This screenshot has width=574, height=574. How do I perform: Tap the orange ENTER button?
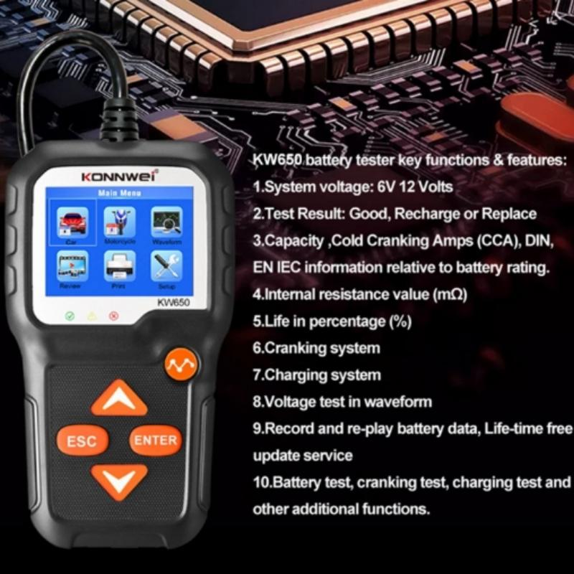(x=154, y=440)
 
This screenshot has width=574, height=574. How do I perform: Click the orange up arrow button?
(x=119, y=399)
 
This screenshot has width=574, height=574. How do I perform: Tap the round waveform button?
(x=177, y=365)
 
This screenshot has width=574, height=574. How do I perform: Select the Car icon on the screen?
(x=73, y=223)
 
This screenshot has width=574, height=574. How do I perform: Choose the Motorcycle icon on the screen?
(x=119, y=223)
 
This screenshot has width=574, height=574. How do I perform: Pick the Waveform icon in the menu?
(x=166, y=223)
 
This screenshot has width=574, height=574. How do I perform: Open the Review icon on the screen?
(x=72, y=268)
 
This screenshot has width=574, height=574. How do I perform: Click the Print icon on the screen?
(x=119, y=268)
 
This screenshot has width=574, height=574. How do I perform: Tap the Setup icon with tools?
(x=166, y=268)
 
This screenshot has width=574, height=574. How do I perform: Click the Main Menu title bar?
(x=118, y=194)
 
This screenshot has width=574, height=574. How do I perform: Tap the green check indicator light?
(x=69, y=315)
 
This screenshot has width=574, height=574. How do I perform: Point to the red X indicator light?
(x=113, y=315)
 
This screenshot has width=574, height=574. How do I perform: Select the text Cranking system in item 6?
(x=322, y=348)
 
